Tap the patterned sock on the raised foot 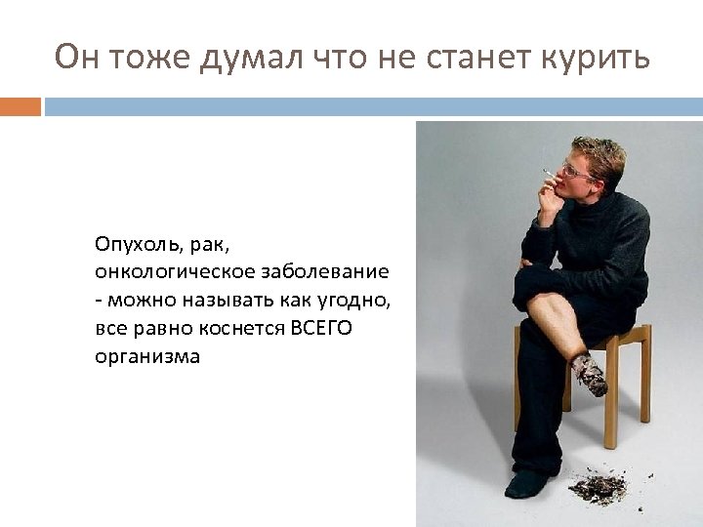588,374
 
